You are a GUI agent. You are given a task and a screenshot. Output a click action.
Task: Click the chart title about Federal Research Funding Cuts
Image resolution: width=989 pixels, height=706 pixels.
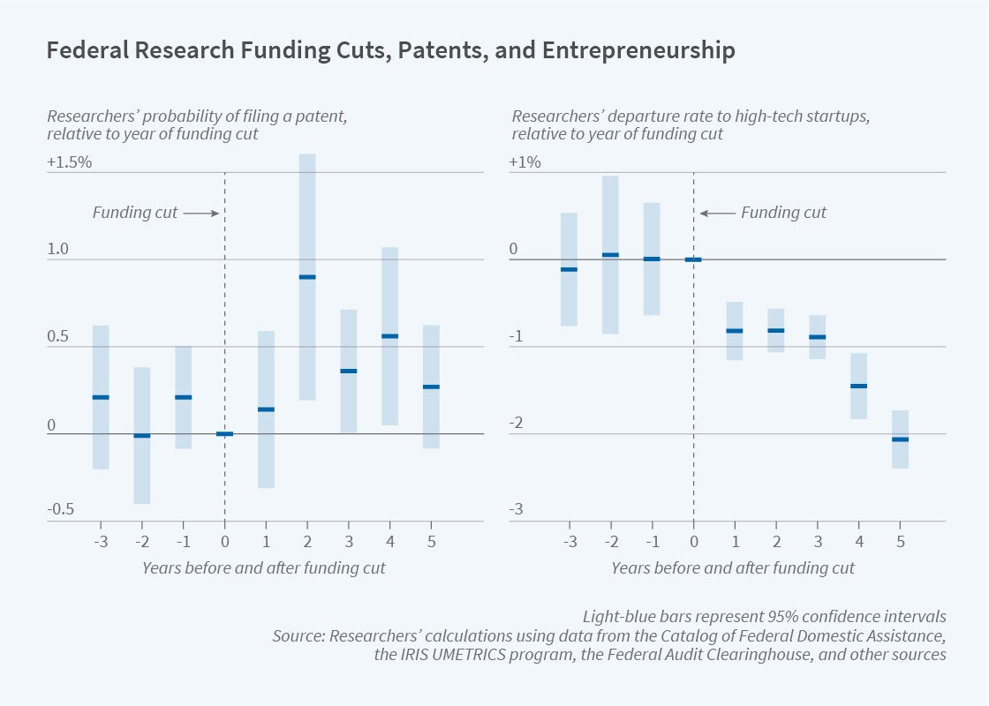pyautogui.click(x=390, y=52)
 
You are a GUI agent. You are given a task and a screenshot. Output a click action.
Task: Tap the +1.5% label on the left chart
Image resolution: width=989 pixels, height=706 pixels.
pyautogui.click(x=70, y=163)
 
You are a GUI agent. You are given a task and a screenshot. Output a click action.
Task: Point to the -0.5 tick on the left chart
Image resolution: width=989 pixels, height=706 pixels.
pyautogui.click(x=63, y=510)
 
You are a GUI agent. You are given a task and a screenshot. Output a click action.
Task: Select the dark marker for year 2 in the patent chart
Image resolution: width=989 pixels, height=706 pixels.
pyautogui.click(x=307, y=277)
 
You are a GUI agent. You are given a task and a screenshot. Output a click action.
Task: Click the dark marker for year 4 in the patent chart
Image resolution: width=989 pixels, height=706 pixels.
pyautogui.click(x=389, y=336)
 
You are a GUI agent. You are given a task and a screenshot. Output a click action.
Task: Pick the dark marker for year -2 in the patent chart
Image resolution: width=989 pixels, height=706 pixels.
pyautogui.click(x=142, y=436)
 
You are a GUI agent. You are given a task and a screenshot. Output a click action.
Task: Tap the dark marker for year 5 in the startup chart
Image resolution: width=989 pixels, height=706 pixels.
pyautogui.click(x=900, y=439)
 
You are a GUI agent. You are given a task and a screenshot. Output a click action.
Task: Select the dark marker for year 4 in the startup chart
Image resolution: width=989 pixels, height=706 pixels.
pyautogui.click(x=858, y=387)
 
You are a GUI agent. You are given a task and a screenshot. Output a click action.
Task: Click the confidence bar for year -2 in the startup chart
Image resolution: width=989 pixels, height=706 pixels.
pyautogui.click(x=610, y=254)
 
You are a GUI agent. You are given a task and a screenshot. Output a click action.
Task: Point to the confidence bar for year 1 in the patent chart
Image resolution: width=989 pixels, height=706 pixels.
pyautogui.click(x=266, y=409)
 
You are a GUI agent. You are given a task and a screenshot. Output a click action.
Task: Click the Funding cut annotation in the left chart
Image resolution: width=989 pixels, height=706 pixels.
pyautogui.click(x=135, y=213)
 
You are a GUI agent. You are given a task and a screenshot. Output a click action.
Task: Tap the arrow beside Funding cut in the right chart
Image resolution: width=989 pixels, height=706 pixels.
pyautogui.click(x=716, y=213)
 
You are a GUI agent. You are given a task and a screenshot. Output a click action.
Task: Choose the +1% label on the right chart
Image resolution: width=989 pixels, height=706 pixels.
pyautogui.click(x=526, y=163)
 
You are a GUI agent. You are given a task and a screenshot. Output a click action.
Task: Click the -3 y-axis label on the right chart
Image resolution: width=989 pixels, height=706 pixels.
pyautogui.click(x=517, y=510)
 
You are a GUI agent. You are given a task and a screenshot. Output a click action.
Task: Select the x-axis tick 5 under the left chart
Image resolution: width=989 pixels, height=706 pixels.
pyautogui.click(x=431, y=541)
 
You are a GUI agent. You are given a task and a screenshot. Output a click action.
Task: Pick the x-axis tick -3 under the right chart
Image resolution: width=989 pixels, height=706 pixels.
pyautogui.click(x=570, y=541)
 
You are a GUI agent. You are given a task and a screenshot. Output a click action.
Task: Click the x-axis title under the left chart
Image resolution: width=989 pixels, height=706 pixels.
pyautogui.click(x=264, y=567)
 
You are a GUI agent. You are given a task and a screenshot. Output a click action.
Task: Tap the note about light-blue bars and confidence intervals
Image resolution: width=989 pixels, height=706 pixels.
pyautogui.click(x=764, y=616)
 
